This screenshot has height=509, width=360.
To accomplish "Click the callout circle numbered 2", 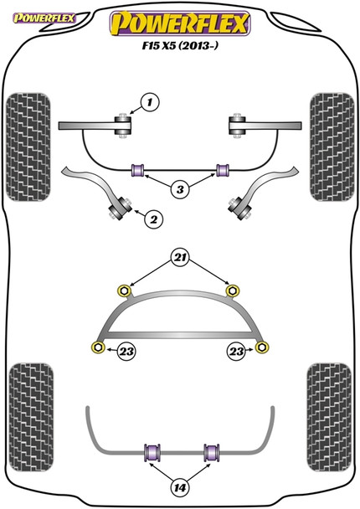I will tap(153, 220).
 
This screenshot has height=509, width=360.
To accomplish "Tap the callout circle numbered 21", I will tap(179, 257).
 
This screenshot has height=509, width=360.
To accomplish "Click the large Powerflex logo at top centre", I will tap(179, 23).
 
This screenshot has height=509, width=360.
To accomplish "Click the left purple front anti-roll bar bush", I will tap(139, 171).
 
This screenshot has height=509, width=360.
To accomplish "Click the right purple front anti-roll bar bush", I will tap(223, 171).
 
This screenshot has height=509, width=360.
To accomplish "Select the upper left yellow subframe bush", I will tap(125, 290).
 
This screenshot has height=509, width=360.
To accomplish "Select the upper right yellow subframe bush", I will tap(234, 290).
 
